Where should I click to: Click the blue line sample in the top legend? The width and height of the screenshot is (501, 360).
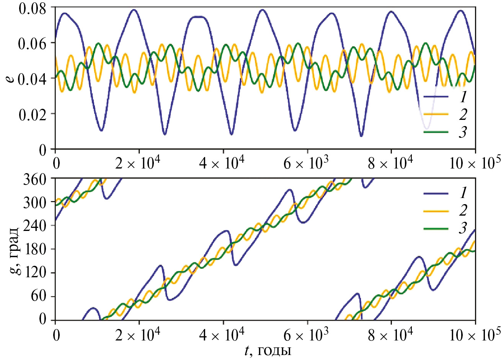coord(436,97)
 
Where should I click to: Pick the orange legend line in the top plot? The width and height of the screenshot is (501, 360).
coord(436,114)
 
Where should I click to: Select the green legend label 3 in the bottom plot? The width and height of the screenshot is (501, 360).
coord(463,228)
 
